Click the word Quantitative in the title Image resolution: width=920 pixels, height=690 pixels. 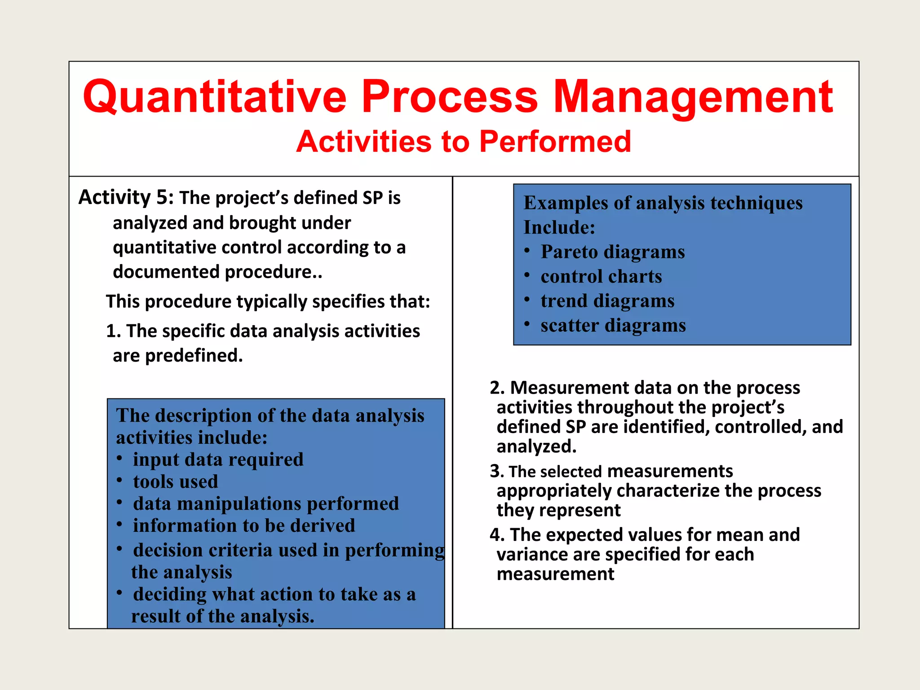coord(215,97)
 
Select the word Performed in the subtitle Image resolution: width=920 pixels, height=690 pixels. coord(555,142)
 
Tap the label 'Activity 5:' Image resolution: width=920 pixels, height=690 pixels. coord(126,197)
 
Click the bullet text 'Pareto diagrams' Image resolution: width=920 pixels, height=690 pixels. coord(612,252)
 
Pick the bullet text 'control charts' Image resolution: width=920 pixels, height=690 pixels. coord(601,276)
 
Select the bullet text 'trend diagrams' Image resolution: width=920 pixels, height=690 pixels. coord(607,301)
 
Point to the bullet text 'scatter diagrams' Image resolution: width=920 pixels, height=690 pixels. coord(613,325)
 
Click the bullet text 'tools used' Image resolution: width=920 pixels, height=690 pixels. coord(175,482)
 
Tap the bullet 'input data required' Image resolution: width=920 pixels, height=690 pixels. coord(218,460)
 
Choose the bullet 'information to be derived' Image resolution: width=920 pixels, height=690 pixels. coord(243,526)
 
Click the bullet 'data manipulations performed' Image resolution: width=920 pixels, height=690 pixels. coord(265,504)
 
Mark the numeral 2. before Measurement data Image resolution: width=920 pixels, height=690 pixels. coord(497,388)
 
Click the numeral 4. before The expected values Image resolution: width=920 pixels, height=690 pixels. coord(497,535)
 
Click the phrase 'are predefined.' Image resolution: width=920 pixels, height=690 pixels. coord(177,355)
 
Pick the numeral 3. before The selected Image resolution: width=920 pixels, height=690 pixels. coord(497,471)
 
